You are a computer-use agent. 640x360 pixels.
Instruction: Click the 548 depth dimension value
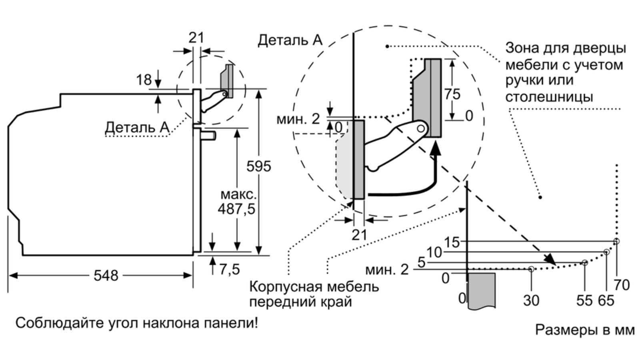[106, 276]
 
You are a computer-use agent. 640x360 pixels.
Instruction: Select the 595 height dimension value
[258, 166]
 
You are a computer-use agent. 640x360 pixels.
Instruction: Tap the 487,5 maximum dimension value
[236, 209]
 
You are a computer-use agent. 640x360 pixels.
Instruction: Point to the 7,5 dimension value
[230, 270]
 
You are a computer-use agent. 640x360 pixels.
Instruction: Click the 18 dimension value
[144, 80]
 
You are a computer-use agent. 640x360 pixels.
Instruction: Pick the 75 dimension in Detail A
[452, 94]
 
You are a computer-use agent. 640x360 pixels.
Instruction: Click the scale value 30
[531, 300]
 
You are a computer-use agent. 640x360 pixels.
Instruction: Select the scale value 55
[584, 300]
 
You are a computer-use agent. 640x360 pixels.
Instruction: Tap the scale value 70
[622, 285]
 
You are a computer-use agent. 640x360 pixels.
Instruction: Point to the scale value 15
[452, 242]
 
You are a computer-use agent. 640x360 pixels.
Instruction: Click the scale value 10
[434, 252]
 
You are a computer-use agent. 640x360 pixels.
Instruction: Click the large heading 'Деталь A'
[290, 40]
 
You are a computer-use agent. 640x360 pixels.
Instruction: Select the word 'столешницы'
[550, 96]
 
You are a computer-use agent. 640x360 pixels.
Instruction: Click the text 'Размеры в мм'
[585, 330]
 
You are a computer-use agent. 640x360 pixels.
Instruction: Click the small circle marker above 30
[531, 269]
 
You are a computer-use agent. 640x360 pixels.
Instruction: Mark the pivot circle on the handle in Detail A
[420, 128]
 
